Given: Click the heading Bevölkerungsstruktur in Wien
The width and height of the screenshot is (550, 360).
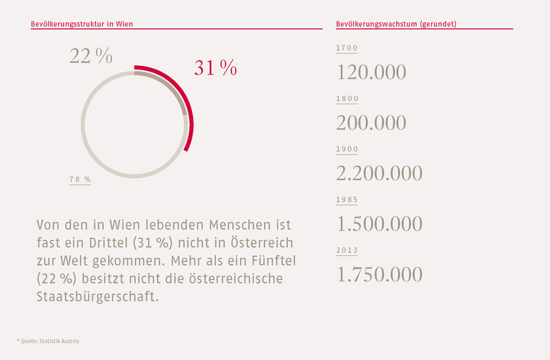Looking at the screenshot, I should [82, 24].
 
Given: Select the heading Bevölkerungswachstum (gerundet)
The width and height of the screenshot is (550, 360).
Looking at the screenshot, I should [396, 24].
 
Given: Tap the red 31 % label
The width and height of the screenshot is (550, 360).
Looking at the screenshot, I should [215, 68].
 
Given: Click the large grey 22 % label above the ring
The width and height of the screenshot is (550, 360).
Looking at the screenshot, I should [91, 57].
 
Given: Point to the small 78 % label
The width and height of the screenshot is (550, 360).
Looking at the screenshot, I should [80, 180].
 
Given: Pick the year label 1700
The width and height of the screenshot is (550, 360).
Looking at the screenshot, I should [347, 48].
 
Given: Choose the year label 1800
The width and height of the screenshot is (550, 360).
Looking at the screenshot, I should [347, 99].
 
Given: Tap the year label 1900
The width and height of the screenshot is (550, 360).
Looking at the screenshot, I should [347, 149].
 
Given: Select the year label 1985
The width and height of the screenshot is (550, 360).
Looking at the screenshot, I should [347, 200].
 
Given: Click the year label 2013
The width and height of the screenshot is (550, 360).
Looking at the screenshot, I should [347, 250].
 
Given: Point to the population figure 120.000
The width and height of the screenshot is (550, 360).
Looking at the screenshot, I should [371, 72].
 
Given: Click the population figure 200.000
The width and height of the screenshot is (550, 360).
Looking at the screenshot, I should [371, 123].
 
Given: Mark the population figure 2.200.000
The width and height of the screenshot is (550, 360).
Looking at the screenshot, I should [379, 173].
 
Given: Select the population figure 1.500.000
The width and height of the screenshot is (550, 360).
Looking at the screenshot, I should [379, 224].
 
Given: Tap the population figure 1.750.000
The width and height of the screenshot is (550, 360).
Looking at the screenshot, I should [379, 275].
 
